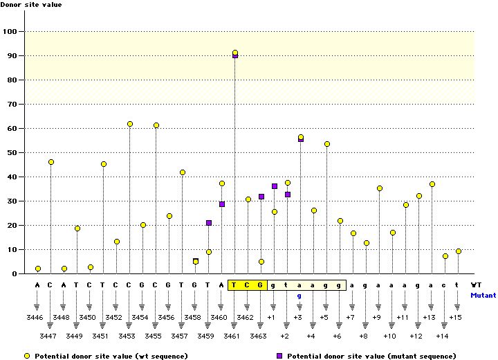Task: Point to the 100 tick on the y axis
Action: point(12,31)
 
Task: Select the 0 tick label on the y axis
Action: point(16,273)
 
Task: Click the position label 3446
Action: point(37,317)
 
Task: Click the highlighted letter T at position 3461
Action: point(234,285)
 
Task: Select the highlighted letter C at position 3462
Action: point(248,285)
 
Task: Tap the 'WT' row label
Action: point(477,285)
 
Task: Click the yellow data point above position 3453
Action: point(129,124)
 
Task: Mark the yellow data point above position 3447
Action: point(51,162)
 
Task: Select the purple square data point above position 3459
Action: point(209,223)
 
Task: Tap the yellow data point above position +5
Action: point(326,144)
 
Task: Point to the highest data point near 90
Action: point(235,53)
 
